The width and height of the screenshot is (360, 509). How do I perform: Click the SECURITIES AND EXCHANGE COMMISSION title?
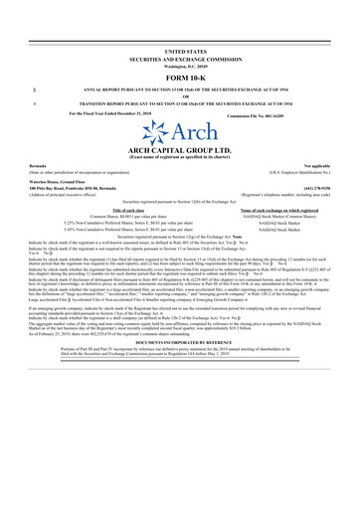click(x=180, y=57)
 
